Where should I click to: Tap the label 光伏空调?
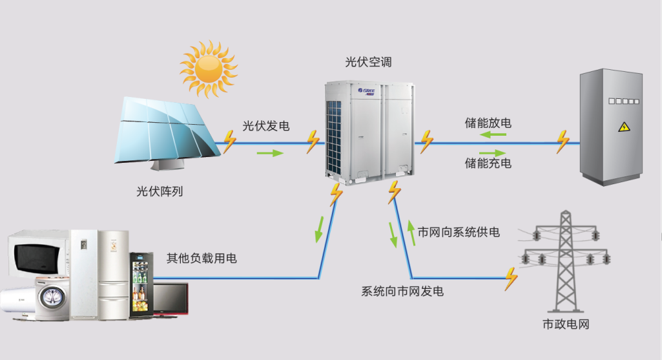coord(368,63)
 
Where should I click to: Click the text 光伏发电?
coord(265,126)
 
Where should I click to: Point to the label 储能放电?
coord(488,122)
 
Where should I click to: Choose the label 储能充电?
coord(488,164)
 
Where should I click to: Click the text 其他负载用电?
coord(202,259)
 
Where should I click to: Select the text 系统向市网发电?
coord(402,291)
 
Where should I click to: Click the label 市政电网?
coord(566,324)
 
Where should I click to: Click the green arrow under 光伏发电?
coord(270,153)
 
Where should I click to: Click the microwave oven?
coord(39,253)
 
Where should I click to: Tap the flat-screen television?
coord(169,299)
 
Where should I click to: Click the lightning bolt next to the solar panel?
coord(229,141)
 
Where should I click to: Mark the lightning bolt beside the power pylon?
coord(512,278)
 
